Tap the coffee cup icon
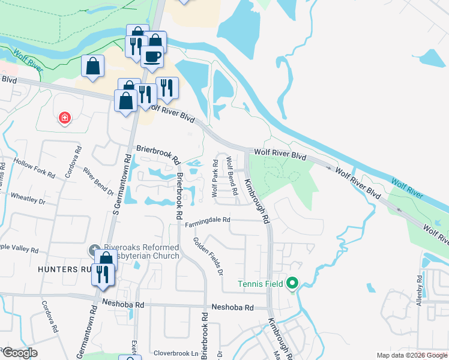click(x=152, y=56)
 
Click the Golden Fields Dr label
click(x=208, y=256)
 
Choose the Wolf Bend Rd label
click(x=233, y=176)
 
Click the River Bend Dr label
click(x=98, y=182)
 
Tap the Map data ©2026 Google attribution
click(x=412, y=355)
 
